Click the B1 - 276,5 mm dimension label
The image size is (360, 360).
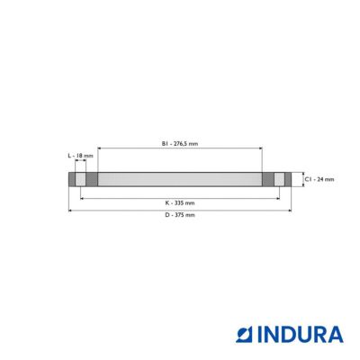point(180,144)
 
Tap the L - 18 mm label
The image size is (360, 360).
point(80,156)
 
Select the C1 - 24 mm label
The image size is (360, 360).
point(319,179)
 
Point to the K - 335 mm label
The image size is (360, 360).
point(180,203)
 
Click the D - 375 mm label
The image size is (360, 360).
point(180,215)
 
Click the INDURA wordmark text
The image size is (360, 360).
point(300,334)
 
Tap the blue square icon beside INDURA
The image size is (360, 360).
point(245,335)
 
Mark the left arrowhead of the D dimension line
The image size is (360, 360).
point(70,211)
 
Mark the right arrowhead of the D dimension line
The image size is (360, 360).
point(290,211)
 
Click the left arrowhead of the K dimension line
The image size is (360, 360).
point(82,198)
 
